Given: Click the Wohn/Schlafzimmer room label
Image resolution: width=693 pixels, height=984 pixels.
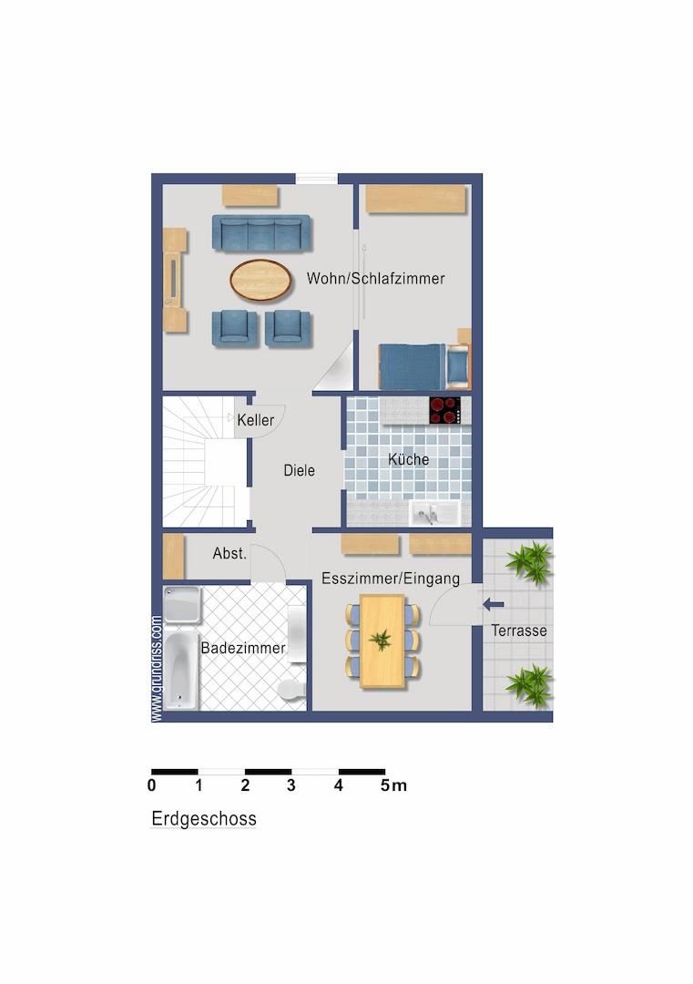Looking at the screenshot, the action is (x=376, y=278).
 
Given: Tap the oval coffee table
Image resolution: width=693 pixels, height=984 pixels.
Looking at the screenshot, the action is (x=260, y=280).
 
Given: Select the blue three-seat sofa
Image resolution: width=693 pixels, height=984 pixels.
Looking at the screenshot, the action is (x=261, y=233).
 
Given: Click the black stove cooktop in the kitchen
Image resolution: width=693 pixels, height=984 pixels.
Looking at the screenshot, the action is (x=444, y=410).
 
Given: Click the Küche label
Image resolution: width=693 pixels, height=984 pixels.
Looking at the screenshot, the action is (x=408, y=459).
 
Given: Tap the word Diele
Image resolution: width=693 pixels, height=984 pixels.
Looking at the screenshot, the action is (x=300, y=470).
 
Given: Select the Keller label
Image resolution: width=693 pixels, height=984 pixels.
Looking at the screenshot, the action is (x=255, y=420).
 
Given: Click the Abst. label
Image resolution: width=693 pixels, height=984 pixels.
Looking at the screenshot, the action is (x=229, y=554).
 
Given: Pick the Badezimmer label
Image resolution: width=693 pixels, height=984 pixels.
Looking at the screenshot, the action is (x=243, y=649).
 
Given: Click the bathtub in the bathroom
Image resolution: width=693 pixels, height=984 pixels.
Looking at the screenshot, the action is (x=181, y=671).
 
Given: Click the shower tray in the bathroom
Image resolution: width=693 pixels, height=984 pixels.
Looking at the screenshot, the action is (x=182, y=605).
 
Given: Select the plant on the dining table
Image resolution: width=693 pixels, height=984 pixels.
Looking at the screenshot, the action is (x=380, y=641).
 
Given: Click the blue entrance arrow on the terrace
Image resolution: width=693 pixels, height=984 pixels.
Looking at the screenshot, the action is (x=494, y=605).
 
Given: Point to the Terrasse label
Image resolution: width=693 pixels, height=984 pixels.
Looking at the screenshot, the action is (x=519, y=630).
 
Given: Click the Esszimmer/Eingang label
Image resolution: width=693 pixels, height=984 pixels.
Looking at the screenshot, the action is (x=391, y=579).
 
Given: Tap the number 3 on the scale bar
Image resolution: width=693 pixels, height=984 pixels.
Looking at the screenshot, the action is (x=291, y=785).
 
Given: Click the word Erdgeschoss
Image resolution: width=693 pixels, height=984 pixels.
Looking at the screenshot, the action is (x=204, y=819).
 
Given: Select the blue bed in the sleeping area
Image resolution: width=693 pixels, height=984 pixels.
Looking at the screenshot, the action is (x=424, y=366).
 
